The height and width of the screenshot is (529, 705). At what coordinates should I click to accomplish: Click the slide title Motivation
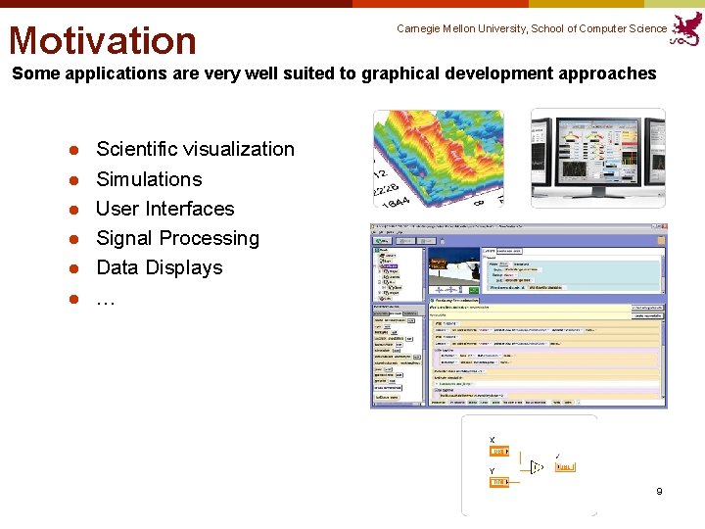pyautogui.click(x=103, y=40)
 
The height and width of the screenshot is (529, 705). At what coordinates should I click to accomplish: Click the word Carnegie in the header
pyautogui.click(x=422, y=29)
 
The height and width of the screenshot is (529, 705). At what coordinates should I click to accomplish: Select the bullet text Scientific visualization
pyautogui.click(x=195, y=149)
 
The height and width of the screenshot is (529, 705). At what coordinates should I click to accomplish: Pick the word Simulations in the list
pyautogui.click(x=149, y=179)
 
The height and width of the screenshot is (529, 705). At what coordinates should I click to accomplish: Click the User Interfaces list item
pyautogui.click(x=164, y=209)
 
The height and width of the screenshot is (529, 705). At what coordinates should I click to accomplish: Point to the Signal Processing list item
pyautogui.click(x=177, y=238)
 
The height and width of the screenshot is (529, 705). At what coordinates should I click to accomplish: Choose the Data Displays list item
pyautogui.click(x=159, y=267)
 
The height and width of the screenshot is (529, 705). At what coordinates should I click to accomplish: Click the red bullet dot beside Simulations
pyautogui.click(x=72, y=180)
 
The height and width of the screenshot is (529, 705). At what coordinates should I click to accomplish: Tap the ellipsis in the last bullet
pyautogui.click(x=105, y=300)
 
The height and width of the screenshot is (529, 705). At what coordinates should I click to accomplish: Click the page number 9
pyautogui.click(x=659, y=491)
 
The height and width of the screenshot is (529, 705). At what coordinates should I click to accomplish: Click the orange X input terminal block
pyautogui.click(x=498, y=452)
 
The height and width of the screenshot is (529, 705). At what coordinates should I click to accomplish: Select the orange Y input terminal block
pyautogui.click(x=498, y=482)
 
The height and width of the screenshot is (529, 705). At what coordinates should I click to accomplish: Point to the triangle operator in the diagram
pyautogui.click(x=536, y=467)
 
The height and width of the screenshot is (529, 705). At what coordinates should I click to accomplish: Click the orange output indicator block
pyautogui.click(x=566, y=467)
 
